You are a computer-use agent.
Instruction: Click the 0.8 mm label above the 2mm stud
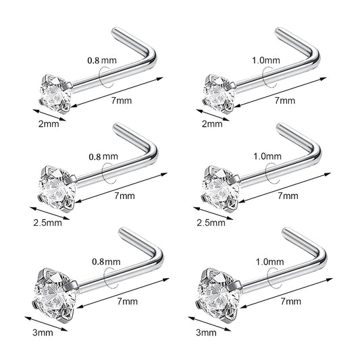pyautogui.click(x=102, y=61)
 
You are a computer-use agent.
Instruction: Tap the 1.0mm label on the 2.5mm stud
pyautogui.click(x=267, y=157)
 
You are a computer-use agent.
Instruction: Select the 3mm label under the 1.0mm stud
pyautogui.click(x=206, y=333)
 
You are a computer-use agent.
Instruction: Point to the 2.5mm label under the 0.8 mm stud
pyautogui.click(x=48, y=223)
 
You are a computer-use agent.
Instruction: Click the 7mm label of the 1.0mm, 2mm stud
pyautogui.click(x=285, y=101)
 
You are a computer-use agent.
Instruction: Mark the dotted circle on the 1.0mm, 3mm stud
pyautogui.click(x=274, y=278)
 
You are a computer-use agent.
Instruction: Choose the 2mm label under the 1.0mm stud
pyautogui.click(x=212, y=124)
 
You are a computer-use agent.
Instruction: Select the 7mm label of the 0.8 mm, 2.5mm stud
pyautogui.click(x=124, y=196)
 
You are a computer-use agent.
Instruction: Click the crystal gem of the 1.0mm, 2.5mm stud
pyautogui.click(x=220, y=188)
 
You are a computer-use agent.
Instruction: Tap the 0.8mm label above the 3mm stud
pyautogui.click(x=106, y=262)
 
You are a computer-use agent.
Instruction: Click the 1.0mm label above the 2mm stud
pyautogui.click(x=266, y=61)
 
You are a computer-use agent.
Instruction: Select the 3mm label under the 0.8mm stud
pyautogui.click(x=43, y=333)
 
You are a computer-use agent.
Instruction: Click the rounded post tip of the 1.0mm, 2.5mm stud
pyautogui.click(x=280, y=127)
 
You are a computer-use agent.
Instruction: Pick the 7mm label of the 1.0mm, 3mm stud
pyautogui.click(x=291, y=302)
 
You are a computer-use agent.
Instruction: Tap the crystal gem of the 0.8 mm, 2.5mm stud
pyautogui.click(x=56, y=188)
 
